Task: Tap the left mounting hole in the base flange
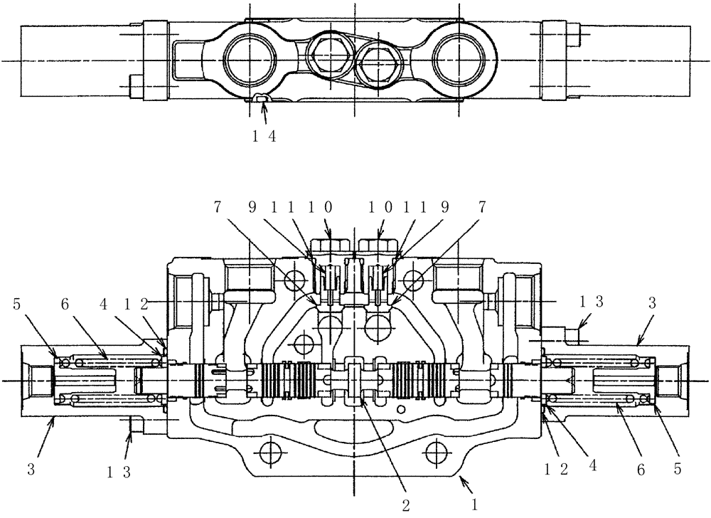click(x=268, y=450)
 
